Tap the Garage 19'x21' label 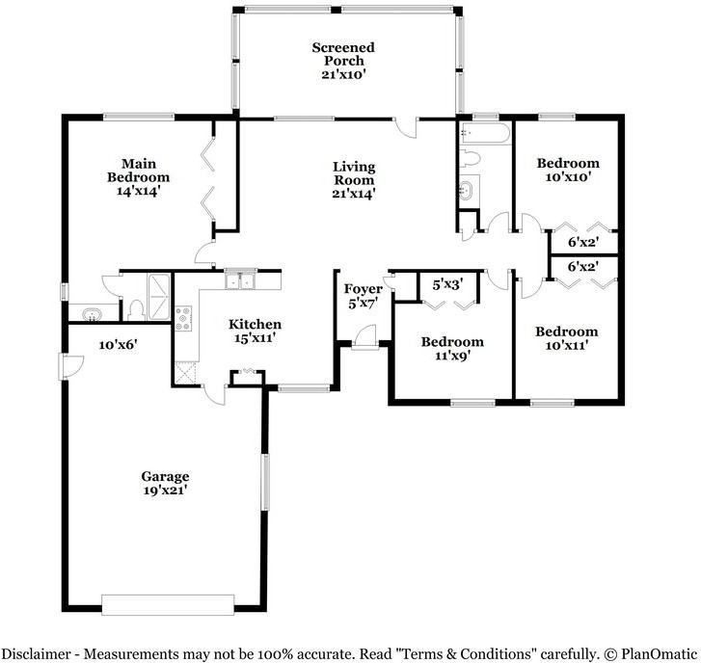(x=165, y=483)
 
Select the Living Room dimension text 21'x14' (x=353, y=194)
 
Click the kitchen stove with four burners (x=183, y=319)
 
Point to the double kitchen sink (x=240, y=281)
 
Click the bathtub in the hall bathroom (x=485, y=133)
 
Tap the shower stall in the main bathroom (x=159, y=297)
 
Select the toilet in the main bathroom (x=135, y=310)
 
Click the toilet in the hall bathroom (x=470, y=159)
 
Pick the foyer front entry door (x=365, y=336)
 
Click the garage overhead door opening (x=168, y=604)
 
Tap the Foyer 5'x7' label (x=363, y=296)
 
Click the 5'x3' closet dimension (x=447, y=284)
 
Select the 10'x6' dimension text (x=118, y=345)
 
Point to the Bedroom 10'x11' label (x=566, y=338)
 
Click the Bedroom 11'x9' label (x=452, y=349)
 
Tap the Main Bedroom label (x=138, y=177)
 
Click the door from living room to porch (x=406, y=127)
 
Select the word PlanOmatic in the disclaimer (x=659, y=654)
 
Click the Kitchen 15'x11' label (x=255, y=331)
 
